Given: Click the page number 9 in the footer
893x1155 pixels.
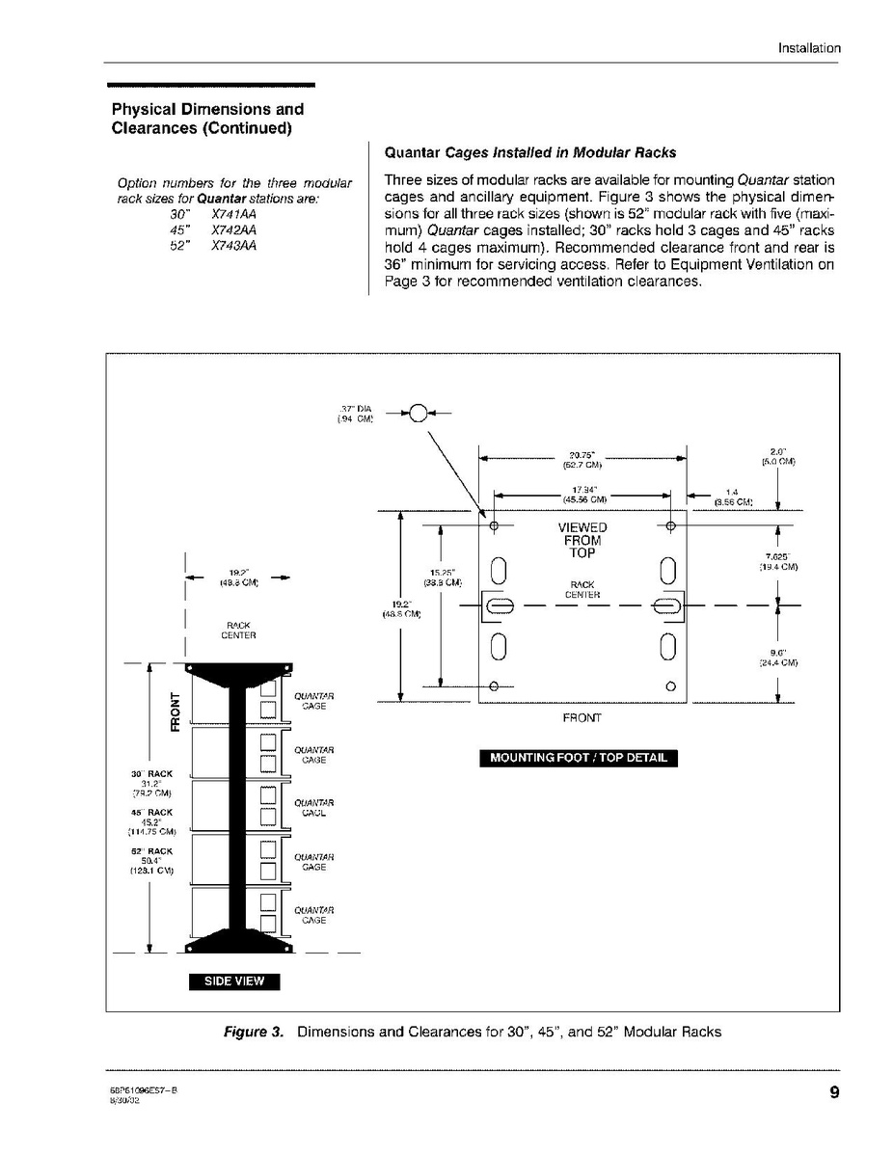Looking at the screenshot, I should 832,1092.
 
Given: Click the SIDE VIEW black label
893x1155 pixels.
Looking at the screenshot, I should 233,981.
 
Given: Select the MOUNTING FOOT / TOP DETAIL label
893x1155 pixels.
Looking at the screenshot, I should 579,757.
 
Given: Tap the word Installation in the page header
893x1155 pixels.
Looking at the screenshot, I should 809,48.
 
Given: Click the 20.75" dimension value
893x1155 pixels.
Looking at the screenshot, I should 582,458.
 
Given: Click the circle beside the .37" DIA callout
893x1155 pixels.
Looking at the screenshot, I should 418,415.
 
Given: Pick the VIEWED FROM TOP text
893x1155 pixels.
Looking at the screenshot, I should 582,540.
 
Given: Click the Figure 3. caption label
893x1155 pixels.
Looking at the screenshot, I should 254,1032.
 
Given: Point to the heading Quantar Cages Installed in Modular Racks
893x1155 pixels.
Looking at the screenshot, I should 530,152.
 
